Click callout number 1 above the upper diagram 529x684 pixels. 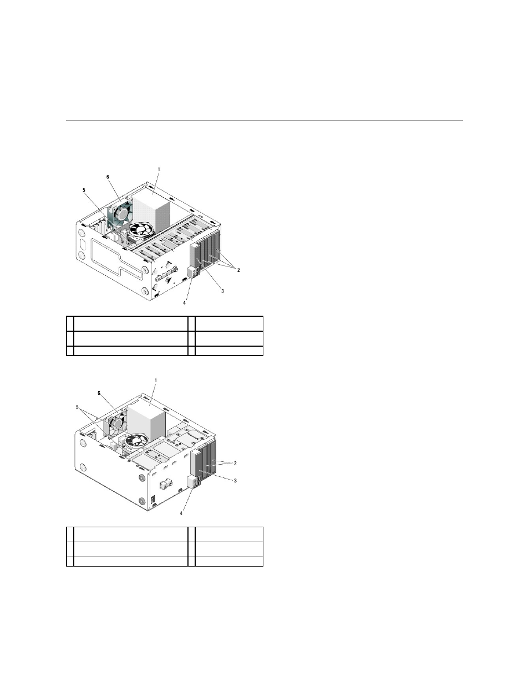pyautogui.click(x=159, y=169)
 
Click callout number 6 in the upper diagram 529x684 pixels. pyautogui.click(x=108, y=177)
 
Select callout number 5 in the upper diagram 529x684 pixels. pyautogui.click(x=84, y=190)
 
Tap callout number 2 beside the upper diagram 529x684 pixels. pyautogui.click(x=238, y=270)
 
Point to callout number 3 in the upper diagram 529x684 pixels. pyautogui.click(x=222, y=291)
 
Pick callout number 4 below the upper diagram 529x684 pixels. pyautogui.click(x=184, y=303)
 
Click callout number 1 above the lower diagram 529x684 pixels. pyautogui.click(x=155, y=380)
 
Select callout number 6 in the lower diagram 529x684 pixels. pyautogui.click(x=99, y=393)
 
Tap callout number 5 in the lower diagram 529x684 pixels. pyautogui.click(x=77, y=407)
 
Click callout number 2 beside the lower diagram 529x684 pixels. pyautogui.click(x=235, y=463)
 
